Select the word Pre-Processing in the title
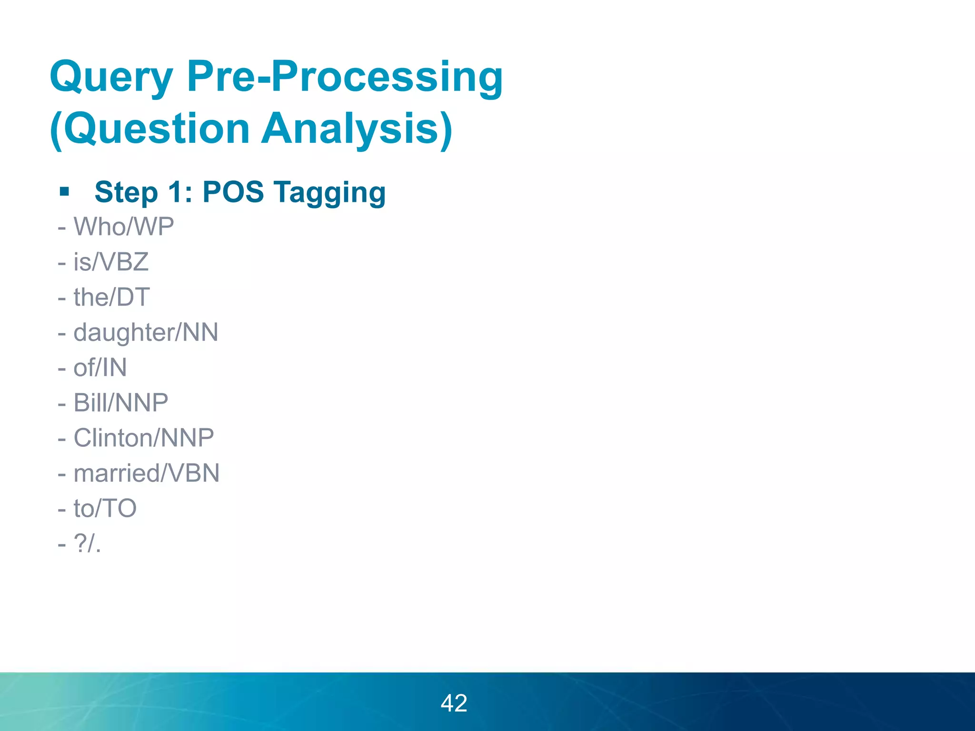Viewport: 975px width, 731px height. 345,77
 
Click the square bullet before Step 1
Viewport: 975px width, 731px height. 65,192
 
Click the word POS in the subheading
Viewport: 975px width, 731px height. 233,192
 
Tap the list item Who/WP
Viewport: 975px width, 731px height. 123,227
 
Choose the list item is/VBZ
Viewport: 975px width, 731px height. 110,262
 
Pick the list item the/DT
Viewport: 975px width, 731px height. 111,297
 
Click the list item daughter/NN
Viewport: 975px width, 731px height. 146,332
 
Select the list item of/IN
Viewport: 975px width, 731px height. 100,367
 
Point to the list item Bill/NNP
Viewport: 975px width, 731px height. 120,403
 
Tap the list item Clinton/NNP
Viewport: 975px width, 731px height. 143,438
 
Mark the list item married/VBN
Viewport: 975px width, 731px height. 146,473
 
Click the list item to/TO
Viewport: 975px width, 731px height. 105,508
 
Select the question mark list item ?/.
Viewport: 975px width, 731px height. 87,543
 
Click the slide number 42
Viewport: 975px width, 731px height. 454,703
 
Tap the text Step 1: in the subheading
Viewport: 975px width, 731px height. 143,192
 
